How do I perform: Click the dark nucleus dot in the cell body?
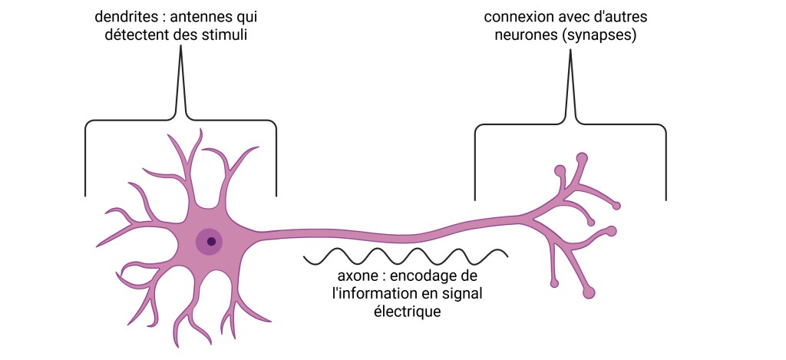211,241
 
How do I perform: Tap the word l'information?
372,294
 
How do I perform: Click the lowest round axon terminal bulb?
589,292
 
